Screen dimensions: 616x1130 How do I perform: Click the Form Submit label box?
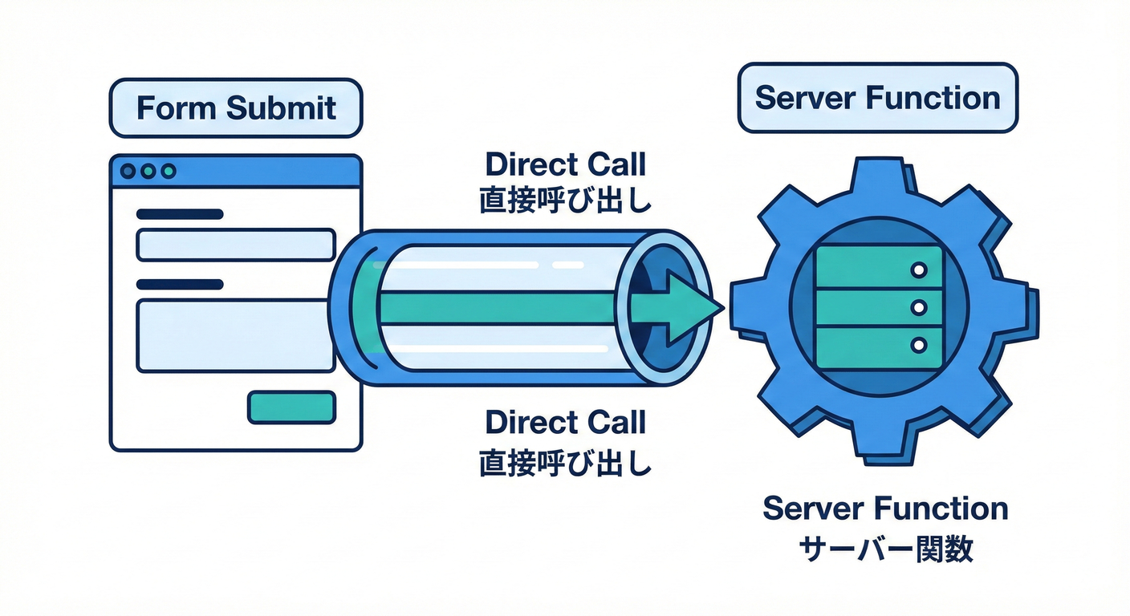click(x=236, y=108)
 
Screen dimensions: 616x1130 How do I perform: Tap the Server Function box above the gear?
click(x=877, y=98)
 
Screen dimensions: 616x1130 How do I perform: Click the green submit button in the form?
click(x=291, y=407)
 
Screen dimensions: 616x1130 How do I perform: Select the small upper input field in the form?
click(x=236, y=245)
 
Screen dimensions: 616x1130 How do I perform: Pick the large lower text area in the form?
click(x=236, y=335)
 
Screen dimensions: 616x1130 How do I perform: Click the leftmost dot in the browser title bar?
click(x=128, y=171)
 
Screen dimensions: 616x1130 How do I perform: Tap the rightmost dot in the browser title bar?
click(x=168, y=171)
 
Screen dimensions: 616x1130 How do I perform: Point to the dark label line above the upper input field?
click(x=180, y=214)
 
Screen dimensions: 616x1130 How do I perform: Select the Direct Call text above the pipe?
click(x=565, y=164)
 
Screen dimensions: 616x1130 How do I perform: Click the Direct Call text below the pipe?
click(x=565, y=422)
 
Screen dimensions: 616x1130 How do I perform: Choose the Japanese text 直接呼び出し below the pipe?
click(x=565, y=463)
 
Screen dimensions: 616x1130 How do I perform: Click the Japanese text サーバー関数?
click(x=885, y=549)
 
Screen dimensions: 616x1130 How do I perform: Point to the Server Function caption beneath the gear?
click(x=885, y=509)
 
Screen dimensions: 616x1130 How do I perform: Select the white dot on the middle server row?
click(x=919, y=307)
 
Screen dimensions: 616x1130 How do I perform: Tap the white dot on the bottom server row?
click(x=919, y=344)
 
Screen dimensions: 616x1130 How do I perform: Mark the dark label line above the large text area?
click(x=180, y=284)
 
